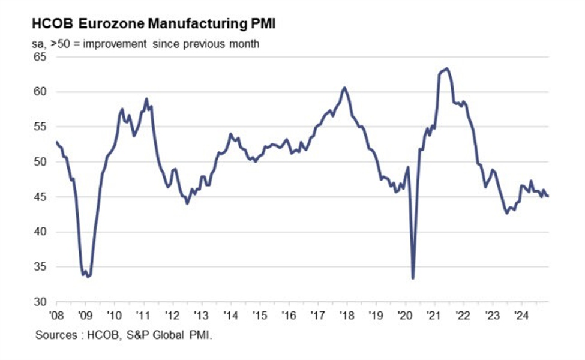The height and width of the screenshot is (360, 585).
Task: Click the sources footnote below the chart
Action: click(x=124, y=334)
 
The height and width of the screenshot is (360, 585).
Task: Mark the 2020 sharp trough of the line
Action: click(x=413, y=278)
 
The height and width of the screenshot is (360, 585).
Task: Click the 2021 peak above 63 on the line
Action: click(x=446, y=68)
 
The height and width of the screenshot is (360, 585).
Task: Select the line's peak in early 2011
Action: click(x=146, y=99)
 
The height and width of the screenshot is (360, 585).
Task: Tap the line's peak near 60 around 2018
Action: click(x=344, y=88)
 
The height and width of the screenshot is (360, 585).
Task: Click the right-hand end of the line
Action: click(x=548, y=196)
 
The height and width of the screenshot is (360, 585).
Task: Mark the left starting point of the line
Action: click(x=56, y=142)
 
